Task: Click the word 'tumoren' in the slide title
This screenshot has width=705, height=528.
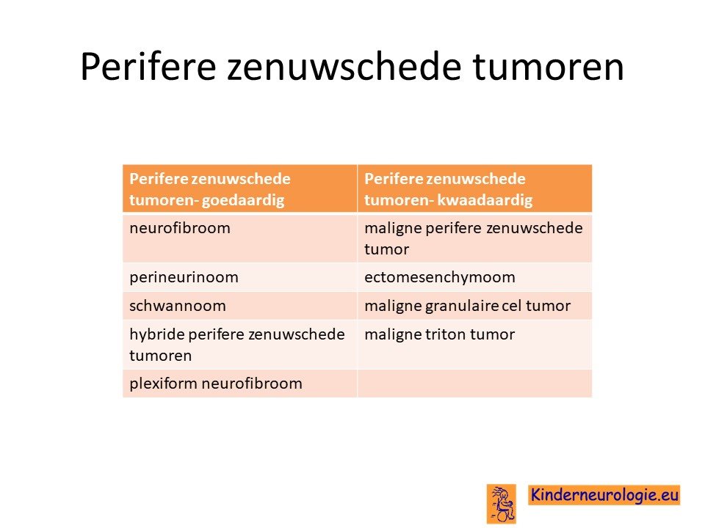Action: coord(548,67)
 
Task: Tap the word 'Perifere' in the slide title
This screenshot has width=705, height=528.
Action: coord(148,67)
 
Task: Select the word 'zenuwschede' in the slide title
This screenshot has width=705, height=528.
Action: coord(344,67)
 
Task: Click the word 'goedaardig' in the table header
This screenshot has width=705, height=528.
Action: coord(243,200)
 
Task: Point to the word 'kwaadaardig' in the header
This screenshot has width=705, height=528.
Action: coord(485,199)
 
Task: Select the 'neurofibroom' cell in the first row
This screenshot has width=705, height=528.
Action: coord(240,238)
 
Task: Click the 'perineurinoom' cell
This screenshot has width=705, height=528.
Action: coord(240,277)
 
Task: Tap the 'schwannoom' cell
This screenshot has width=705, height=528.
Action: coord(240,306)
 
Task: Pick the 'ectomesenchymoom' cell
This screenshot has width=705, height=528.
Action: coord(475,277)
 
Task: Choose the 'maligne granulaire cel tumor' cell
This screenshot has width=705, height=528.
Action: coord(475,306)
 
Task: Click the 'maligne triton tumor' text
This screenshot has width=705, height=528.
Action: coord(439,334)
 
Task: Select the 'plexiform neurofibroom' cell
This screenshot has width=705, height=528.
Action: coord(240,384)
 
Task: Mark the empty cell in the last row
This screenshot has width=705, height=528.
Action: coord(475,384)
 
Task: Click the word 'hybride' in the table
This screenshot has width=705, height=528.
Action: coord(157,334)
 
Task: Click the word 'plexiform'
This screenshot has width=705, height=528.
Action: coord(164,384)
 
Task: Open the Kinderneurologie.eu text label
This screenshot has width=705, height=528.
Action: coord(604,495)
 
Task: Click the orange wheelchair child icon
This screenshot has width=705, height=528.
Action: coord(501,504)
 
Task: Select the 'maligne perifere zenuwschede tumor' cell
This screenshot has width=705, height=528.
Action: coord(475,238)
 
